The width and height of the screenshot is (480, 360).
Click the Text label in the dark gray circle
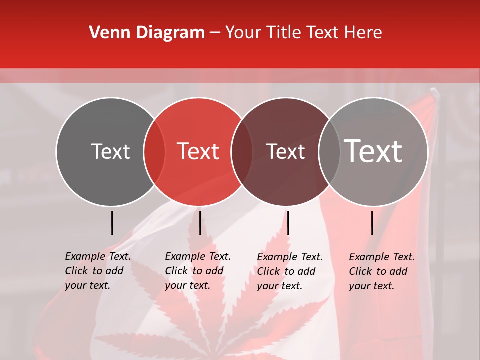[110, 151]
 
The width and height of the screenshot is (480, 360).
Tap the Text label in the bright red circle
[198, 151]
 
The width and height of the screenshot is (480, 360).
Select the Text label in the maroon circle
[285, 151]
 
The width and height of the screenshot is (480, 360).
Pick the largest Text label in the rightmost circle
[373, 151]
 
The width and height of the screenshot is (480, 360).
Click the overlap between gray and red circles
[154, 151]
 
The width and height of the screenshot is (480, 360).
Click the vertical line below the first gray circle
[112, 223]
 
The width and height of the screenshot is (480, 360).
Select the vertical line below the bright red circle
[200, 223]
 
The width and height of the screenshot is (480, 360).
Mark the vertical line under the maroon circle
[288, 223]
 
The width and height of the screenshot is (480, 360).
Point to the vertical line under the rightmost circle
[372, 223]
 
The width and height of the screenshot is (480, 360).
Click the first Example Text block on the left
[98, 271]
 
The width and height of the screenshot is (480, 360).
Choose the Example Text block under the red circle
[198, 271]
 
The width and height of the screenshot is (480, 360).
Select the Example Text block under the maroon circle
[290, 271]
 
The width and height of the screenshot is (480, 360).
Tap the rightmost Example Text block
[382, 271]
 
